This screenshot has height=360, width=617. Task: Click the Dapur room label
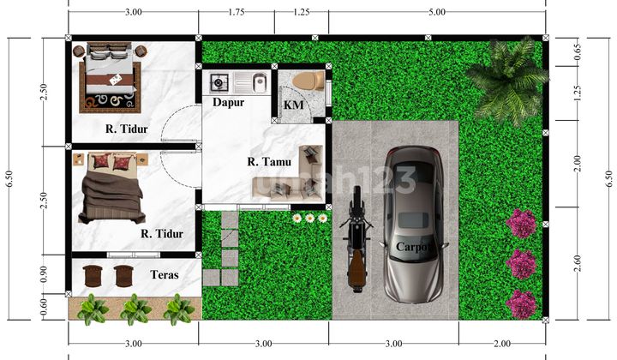(x=228, y=102)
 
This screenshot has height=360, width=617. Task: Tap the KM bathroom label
(x=294, y=105)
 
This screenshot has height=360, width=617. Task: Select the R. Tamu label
(x=269, y=162)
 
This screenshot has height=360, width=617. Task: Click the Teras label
(x=164, y=274)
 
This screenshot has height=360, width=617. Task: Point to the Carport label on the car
(x=413, y=247)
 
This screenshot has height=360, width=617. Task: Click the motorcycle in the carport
(x=356, y=239)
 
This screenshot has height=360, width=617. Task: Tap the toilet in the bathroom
(x=308, y=81)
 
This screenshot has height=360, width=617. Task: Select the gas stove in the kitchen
(x=218, y=82)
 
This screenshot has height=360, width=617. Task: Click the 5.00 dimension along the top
(x=437, y=12)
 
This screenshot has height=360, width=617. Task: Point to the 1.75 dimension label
(x=237, y=12)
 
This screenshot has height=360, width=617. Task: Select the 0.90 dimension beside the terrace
(x=44, y=274)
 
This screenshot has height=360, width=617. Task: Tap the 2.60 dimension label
(x=578, y=263)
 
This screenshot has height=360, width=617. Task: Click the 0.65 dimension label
(x=578, y=51)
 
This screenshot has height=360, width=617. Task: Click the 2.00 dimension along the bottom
(x=502, y=344)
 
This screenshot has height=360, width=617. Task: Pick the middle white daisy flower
(x=310, y=218)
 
